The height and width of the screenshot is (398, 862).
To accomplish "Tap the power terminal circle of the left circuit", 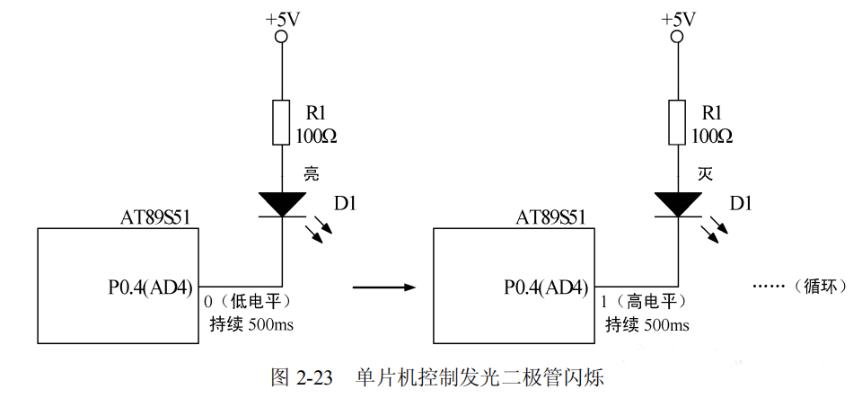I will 282,37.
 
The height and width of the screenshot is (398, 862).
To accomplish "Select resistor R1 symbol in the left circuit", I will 282,123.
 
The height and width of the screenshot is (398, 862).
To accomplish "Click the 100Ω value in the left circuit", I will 317,137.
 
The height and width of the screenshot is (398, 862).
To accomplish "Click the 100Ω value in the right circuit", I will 712,137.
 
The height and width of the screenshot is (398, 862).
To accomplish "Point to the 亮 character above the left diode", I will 311,174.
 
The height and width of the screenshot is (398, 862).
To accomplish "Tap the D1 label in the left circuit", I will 345,205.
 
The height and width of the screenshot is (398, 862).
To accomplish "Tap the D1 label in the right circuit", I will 741,205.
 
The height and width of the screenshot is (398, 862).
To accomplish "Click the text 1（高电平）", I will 642,300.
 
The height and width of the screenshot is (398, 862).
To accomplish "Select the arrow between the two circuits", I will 384,287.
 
